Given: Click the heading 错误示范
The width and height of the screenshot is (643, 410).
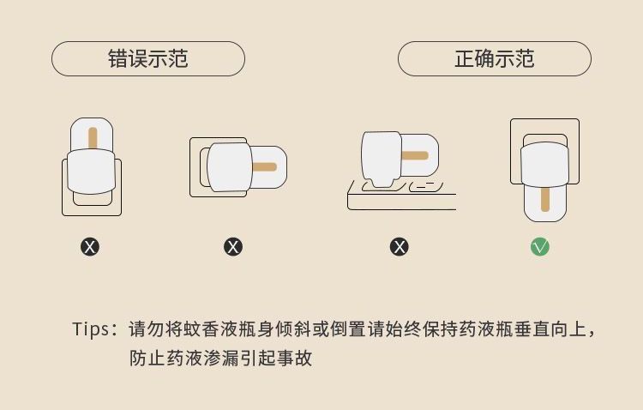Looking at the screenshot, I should tap(148, 59).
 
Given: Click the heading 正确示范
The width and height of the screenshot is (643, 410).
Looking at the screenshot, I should tap(494, 59).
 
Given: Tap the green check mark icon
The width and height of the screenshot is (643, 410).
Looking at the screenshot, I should tap(540, 247).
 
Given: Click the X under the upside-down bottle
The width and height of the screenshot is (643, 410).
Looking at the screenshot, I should tap(90, 247).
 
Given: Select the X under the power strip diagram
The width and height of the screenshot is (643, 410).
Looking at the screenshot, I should tap(400, 247).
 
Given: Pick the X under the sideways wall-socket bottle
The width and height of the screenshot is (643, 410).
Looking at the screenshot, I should tap(233, 247).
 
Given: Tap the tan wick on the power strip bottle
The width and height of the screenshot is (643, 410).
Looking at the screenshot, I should tap(415, 155).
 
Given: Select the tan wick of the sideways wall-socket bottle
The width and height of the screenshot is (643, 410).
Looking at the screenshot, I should tap(265, 166).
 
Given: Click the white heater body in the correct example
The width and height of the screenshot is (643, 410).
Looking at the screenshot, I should tap(545, 166).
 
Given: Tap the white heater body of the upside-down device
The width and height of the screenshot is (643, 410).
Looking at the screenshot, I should tap(91, 171).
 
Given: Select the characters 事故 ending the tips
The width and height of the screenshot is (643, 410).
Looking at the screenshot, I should tap(293, 358).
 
